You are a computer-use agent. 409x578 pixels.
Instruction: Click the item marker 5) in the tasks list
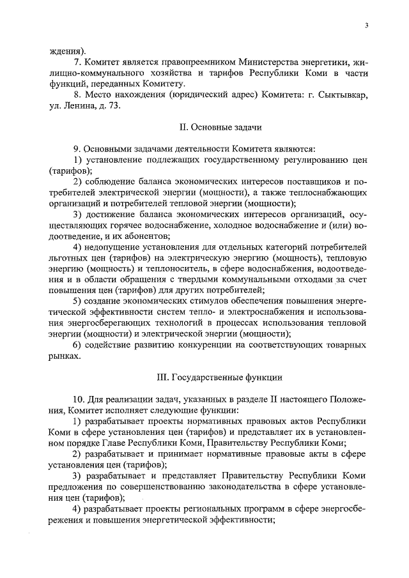(x=77, y=301)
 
